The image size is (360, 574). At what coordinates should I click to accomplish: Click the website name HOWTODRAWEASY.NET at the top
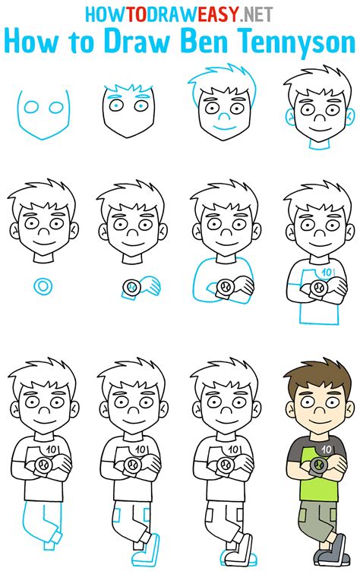pos(179,14)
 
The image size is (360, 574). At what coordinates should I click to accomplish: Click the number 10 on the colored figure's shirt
pos(326,449)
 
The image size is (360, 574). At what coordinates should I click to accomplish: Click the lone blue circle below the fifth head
pos(43,286)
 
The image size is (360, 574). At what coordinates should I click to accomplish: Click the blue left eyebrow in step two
pos(114,98)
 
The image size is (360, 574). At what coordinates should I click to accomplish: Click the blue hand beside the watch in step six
pos(150,286)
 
